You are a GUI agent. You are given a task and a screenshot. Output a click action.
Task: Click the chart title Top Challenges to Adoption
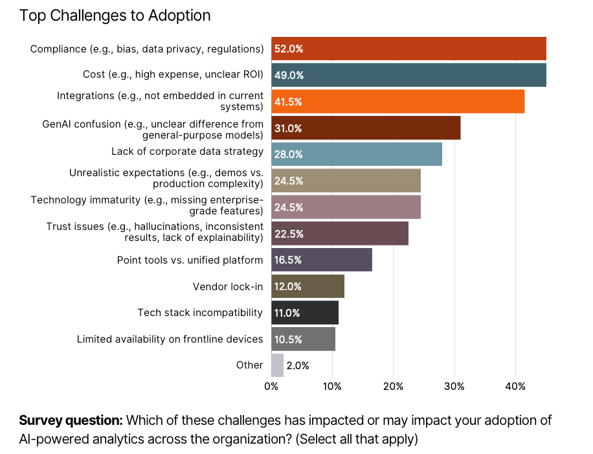[x=115, y=16]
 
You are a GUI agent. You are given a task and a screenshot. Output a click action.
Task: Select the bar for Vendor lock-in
[x=308, y=286]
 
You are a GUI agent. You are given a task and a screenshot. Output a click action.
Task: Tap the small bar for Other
[x=277, y=365]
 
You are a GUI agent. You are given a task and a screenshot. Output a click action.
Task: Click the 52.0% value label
[x=289, y=49]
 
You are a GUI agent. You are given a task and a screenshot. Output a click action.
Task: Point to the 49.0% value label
[x=289, y=75]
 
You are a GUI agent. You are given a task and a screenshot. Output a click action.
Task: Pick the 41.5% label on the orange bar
[x=288, y=102]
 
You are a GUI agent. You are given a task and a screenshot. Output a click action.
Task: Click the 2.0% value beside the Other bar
[x=298, y=365]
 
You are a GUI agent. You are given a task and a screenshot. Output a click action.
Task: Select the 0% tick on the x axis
[x=271, y=387]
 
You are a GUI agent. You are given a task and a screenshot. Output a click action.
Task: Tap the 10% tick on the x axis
[x=332, y=387]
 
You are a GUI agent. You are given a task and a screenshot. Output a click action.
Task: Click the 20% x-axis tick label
[x=393, y=387]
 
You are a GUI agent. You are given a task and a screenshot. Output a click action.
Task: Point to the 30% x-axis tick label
[x=454, y=387]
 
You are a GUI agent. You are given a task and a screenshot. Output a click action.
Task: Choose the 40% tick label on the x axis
[x=515, y=387]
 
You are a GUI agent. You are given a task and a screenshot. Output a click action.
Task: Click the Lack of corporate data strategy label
[x=187, y=152]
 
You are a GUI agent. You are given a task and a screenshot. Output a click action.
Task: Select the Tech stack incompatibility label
[x=200, y=313]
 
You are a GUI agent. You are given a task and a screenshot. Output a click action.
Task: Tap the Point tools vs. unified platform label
[x=190, y=260]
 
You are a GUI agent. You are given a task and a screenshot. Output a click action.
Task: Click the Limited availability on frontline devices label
[x=170, y=339]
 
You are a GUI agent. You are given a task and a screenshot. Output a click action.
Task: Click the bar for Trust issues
[x=340, y=234]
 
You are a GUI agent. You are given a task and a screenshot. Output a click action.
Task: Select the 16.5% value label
[x=288, y=260]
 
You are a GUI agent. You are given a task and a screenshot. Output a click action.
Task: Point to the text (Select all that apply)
[x=357, y=439]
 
